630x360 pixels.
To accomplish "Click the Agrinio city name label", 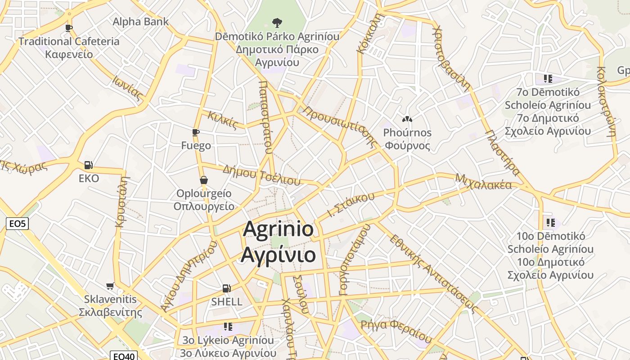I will point(278,242).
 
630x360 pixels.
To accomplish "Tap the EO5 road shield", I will point(17,223).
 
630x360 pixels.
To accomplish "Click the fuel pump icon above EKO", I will point(89,165).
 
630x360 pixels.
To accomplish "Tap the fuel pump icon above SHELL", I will point(226,288).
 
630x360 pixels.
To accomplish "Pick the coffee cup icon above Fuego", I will point(196,132).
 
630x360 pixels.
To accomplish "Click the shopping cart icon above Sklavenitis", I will point(110,286).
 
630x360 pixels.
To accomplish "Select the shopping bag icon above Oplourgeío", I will point(204,180).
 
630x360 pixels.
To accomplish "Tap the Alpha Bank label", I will point(140,21).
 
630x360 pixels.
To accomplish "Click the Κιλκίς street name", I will point(222,120).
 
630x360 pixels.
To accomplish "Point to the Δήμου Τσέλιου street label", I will point(261,175).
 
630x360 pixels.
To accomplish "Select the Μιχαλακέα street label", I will point(483,182).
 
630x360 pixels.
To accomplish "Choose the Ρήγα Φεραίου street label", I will point(396,330).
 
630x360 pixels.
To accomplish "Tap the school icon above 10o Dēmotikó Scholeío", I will point(550,222).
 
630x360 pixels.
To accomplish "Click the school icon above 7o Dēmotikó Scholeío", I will point(548,79).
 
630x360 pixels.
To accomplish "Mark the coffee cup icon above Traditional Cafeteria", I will point(69,28).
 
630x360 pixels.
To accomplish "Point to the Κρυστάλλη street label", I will point(122,201).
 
